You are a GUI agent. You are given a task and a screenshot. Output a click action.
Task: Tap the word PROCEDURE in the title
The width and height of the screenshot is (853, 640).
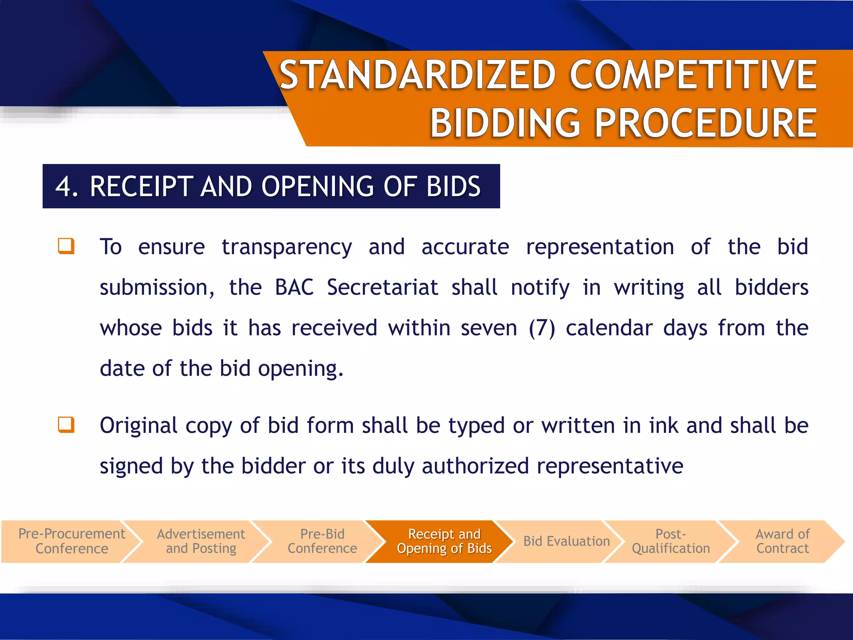706,123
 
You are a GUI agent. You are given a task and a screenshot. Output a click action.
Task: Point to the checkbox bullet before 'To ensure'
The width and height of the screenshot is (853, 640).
66,246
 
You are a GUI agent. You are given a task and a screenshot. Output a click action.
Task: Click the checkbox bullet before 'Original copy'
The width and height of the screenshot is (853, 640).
66,425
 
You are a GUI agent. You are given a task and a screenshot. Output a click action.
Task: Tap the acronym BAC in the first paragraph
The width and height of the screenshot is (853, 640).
294,287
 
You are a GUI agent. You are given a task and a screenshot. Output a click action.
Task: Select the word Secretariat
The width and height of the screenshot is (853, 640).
382,287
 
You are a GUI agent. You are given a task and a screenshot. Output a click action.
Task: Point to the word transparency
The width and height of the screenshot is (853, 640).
287,247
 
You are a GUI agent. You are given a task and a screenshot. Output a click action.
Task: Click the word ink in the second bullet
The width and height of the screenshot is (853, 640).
662,425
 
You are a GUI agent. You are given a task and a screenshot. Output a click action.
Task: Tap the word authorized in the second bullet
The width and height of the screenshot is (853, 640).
475,466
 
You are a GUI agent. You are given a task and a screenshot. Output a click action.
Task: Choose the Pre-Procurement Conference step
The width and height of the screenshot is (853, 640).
72,541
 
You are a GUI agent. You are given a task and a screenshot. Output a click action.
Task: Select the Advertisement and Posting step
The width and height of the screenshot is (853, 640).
201,541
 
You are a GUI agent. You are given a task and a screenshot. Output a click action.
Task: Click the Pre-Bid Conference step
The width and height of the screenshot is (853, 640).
322,541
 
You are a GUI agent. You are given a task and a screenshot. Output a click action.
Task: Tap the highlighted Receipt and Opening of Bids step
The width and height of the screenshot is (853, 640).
444,541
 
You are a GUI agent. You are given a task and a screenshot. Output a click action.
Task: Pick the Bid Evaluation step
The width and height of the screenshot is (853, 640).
566,541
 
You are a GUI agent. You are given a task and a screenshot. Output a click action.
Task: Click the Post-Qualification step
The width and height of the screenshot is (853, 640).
671,541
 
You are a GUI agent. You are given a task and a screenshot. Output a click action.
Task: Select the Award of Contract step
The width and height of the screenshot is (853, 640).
782,541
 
